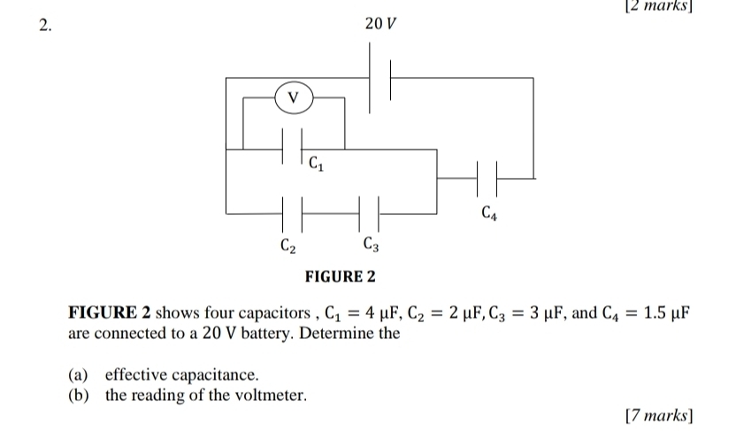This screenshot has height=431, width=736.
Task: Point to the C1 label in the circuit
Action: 316,164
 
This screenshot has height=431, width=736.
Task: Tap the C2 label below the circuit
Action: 287,244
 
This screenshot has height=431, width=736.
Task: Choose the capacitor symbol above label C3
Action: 370,212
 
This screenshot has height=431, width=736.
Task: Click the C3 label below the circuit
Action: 372,244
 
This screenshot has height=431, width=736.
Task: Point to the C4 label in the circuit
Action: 488,212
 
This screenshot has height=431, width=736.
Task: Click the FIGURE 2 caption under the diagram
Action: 340,277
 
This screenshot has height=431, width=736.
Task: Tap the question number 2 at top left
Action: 45,24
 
